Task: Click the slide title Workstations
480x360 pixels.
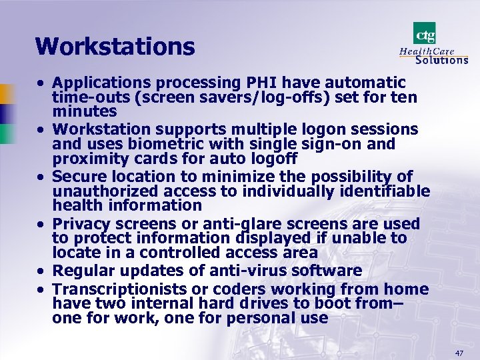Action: click(115, 47)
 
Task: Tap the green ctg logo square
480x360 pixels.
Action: click(425, 33)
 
